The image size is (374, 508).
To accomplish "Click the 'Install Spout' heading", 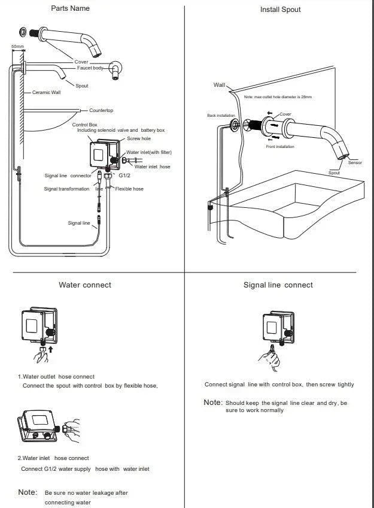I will [280, 10].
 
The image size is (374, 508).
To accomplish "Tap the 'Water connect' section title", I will [84, 285].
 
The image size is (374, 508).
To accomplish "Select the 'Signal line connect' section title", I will [278, 285].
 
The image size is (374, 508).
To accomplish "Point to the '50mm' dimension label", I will [18, 46].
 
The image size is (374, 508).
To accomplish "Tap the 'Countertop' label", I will [101, 111].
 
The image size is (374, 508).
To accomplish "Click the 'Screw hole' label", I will [139, 138].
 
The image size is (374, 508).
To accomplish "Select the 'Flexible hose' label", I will [129, 189].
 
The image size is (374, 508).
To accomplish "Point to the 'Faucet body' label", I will [90, 68].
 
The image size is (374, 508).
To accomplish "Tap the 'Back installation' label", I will [221, 116].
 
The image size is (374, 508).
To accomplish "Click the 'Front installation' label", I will [280, 147].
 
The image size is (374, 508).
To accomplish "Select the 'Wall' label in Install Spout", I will [219, 84].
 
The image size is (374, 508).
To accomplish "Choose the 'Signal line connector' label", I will [68, 176].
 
